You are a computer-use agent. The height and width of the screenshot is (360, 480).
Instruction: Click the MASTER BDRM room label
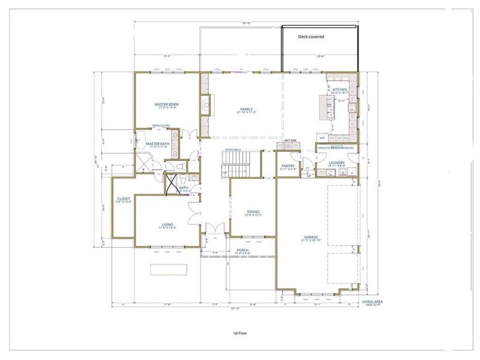(x=166, y=104)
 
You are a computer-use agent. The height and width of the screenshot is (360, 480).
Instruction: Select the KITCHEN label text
(x=340, y=90)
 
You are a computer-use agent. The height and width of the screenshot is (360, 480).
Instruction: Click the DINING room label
(x=253, y=211)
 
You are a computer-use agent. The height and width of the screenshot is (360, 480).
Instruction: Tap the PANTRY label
(x=288, y=166)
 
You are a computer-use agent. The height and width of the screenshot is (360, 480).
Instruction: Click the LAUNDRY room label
(x=336, y=162)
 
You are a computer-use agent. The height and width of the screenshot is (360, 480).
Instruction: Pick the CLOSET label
(x=124, y=199)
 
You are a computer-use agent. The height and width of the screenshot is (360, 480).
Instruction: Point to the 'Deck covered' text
(x=311, y=37)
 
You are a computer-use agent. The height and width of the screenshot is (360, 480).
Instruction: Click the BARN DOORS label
(x=161, y=125)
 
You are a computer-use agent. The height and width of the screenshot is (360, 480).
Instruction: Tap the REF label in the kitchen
(x=322, y=138)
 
